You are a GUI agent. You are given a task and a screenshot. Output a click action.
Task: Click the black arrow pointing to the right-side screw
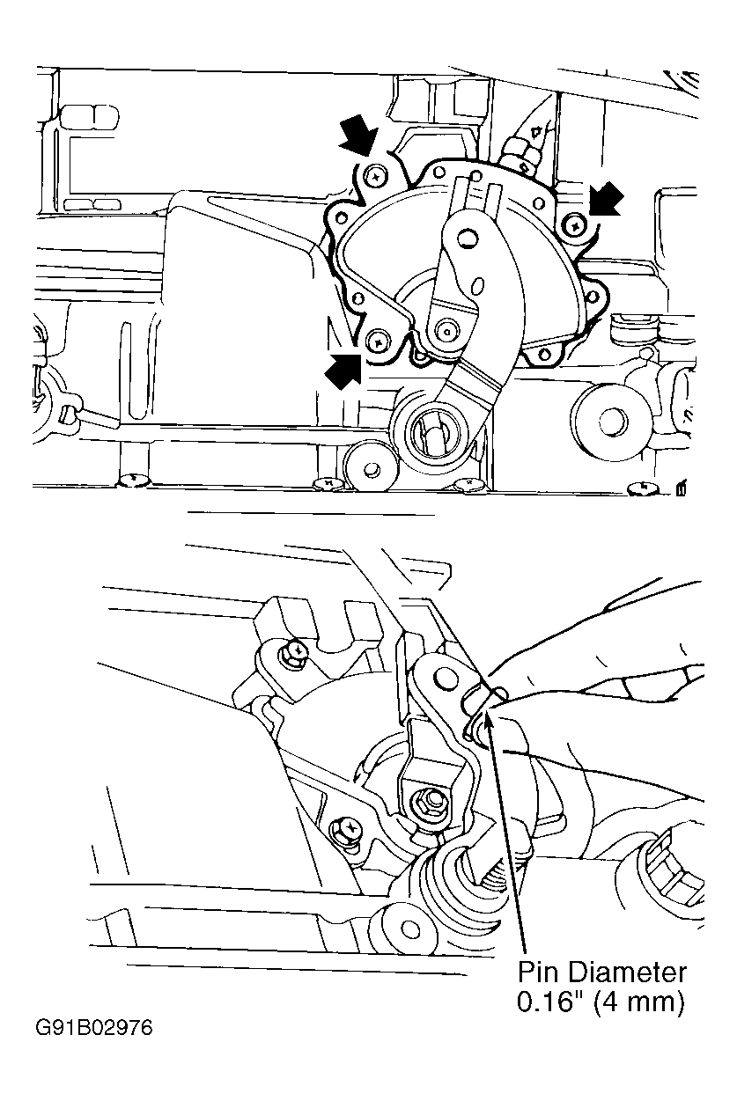point(607,198)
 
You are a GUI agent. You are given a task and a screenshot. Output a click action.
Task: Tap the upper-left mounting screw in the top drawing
point(375,178)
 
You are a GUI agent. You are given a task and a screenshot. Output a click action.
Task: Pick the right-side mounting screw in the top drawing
point(575,226)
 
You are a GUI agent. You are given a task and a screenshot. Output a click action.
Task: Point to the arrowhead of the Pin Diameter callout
point(487,718)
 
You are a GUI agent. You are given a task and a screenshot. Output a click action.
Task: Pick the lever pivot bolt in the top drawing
point(448,330)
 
